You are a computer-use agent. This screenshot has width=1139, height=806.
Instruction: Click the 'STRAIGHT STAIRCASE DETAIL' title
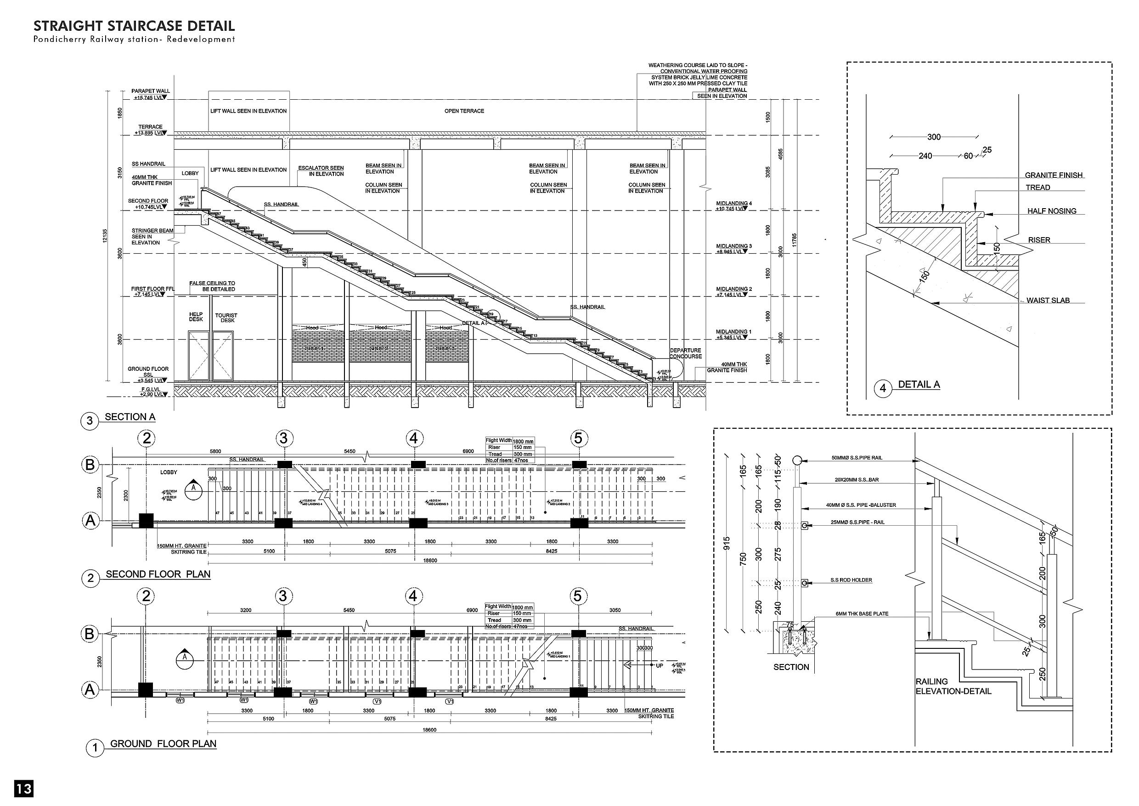(134, 26)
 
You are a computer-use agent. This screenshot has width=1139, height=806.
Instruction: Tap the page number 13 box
(24, 789)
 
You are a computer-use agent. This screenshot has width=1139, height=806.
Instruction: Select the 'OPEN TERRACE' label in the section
(464, 111)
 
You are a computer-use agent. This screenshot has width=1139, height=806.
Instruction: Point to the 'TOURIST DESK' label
(226, 318)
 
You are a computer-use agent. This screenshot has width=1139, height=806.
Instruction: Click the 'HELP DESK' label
(196, 317)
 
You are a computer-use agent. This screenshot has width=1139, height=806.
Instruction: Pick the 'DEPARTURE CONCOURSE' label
(685, 353)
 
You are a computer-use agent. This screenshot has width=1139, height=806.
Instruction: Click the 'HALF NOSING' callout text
(1052, 211)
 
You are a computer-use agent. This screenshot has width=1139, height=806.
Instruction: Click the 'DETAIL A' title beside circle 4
(919, 385)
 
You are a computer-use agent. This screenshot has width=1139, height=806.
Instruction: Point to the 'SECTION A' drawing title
(130, 417)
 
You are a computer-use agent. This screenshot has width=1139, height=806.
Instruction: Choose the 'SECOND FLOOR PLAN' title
(158, 575)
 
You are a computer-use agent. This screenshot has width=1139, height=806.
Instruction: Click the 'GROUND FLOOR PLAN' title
(163, 744)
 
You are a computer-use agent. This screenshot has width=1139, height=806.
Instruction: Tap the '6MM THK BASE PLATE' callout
(862, 614)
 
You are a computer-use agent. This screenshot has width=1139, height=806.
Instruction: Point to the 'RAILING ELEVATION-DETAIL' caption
(953, 687)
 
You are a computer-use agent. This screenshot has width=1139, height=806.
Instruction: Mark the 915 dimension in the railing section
(727, 541)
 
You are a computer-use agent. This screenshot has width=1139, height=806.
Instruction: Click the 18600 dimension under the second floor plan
(429, 560)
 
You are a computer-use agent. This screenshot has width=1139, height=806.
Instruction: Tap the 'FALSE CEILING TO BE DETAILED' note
(212, 286)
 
